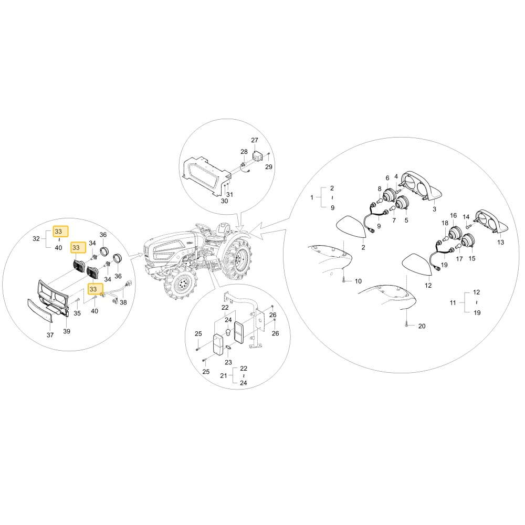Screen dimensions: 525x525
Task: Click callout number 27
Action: point(255,140)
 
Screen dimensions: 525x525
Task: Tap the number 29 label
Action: point(268,167)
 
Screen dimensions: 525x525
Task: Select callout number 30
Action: point(224,201)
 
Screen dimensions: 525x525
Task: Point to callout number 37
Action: point(50,335)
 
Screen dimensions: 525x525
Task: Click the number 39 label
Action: point(67,331)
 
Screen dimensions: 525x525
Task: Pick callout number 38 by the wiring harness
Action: point(123,302)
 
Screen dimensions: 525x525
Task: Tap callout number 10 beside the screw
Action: point(358,281)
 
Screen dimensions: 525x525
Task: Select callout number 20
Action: point(422,326)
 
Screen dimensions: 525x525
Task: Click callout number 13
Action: point(500,242)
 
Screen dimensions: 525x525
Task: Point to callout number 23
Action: point(228,362)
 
